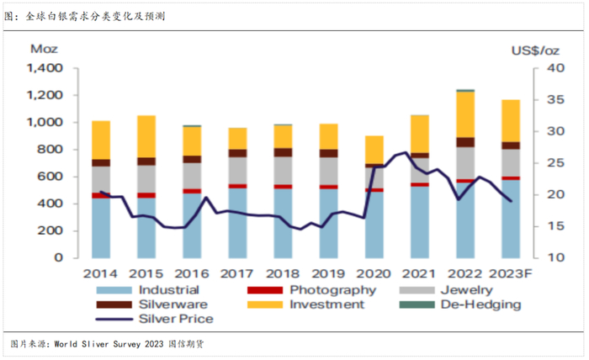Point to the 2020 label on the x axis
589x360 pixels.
tap(374, 274)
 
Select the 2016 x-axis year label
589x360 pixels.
tap(192, 274)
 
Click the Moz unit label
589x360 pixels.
tap(44, 50)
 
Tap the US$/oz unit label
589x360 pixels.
tap(535, 51)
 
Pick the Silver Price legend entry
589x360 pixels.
tap(175, 318)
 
